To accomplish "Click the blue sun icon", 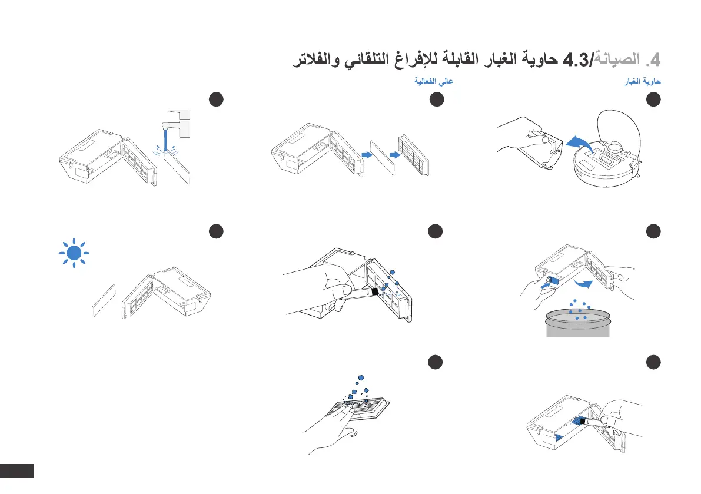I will [74, 253].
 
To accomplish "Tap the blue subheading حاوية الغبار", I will [643, 82].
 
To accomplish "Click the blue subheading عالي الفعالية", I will [433, 82].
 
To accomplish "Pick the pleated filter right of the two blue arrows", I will [414, 155].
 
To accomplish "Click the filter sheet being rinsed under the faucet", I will [177, 167].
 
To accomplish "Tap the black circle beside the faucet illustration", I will [217, 100].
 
